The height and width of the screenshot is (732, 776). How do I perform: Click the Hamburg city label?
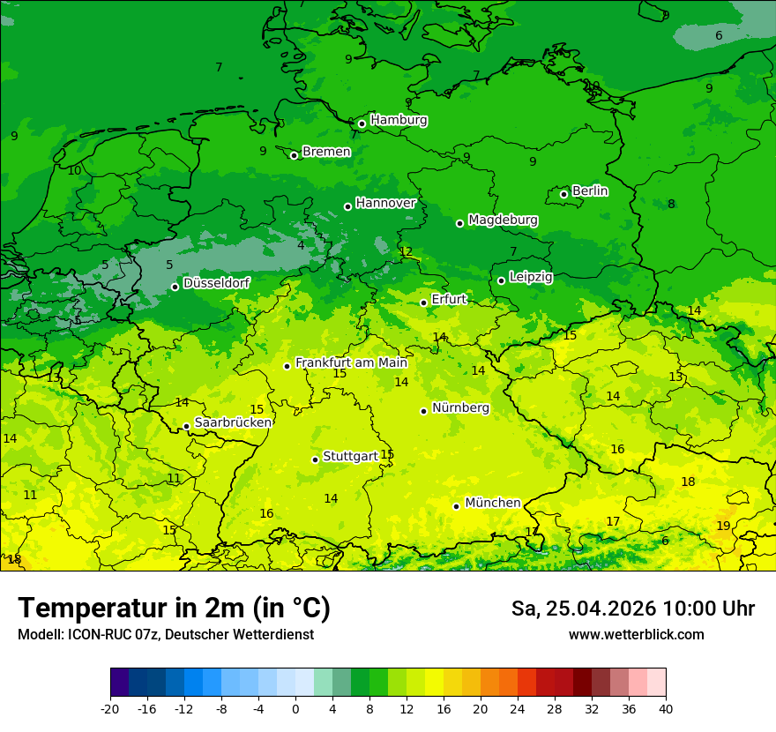point(399,120)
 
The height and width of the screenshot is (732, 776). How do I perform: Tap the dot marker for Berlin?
point(563,194)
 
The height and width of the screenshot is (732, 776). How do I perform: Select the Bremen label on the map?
point(326,152)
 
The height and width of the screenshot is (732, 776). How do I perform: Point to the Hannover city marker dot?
point(347,206)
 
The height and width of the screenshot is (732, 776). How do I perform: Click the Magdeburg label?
point(503,220)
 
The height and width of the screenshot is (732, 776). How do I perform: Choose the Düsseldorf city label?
point(216,283)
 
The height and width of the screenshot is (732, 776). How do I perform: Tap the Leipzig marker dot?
point(501,280)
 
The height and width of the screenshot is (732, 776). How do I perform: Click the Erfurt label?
point(449,300)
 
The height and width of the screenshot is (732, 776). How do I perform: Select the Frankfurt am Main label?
point(351,362)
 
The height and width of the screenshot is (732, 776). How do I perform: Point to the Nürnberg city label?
point(460,408)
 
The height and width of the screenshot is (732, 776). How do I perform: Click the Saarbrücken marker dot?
point(186,426)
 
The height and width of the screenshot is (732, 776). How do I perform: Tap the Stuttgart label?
point(350,456)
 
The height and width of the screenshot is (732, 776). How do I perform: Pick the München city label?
point(492,503)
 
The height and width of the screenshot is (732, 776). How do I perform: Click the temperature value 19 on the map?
point(723,526)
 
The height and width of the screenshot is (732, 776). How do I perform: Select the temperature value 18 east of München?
point(688,482)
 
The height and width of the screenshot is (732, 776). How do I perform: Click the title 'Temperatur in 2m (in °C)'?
point(174,608)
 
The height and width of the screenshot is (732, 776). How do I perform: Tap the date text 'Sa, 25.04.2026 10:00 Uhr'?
point(632,609)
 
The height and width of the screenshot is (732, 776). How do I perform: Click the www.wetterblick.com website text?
point(636,634)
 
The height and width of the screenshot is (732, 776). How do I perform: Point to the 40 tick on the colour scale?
point(665,708)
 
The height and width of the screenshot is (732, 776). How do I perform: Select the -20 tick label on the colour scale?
point(110,708)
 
